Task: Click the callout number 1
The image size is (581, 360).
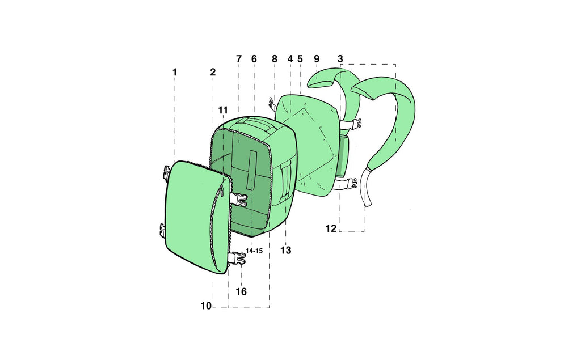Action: click(x=175, y=72)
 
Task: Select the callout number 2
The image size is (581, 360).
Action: click(x=213, y=72)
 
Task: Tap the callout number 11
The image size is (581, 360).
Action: click(x=222, y=111)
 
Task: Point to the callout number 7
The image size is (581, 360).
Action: click(x=239, y=59)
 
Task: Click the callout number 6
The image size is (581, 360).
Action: click(x=254, y=59)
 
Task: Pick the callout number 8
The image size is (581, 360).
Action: click(x=274, y=59)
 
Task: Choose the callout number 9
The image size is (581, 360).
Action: click(x=317, y=59)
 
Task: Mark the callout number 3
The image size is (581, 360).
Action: click(x=340, y=59)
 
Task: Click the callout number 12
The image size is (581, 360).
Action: click(x=331, y=228)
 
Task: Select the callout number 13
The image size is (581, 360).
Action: click(x=286, y=251)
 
